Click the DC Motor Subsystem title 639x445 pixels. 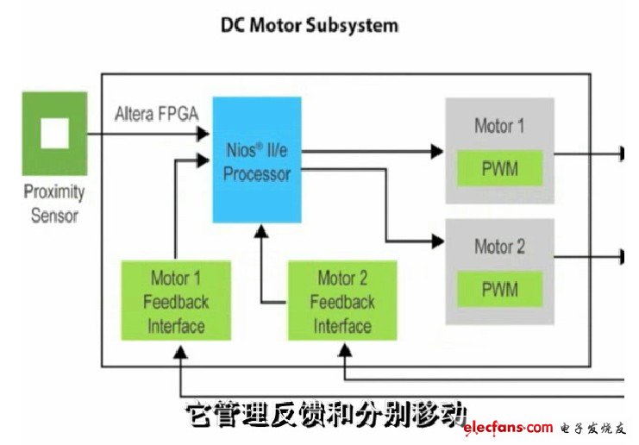310,25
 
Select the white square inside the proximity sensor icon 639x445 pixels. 54,134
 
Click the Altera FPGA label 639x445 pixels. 154,113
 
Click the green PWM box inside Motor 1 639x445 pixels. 499,168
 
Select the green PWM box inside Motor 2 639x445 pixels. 499,289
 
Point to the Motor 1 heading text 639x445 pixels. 499,126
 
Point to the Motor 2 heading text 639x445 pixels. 499,247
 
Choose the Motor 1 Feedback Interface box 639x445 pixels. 176,301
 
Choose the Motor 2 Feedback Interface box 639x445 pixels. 342,301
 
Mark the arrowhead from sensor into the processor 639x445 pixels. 205,134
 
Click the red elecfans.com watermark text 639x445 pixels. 507,428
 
